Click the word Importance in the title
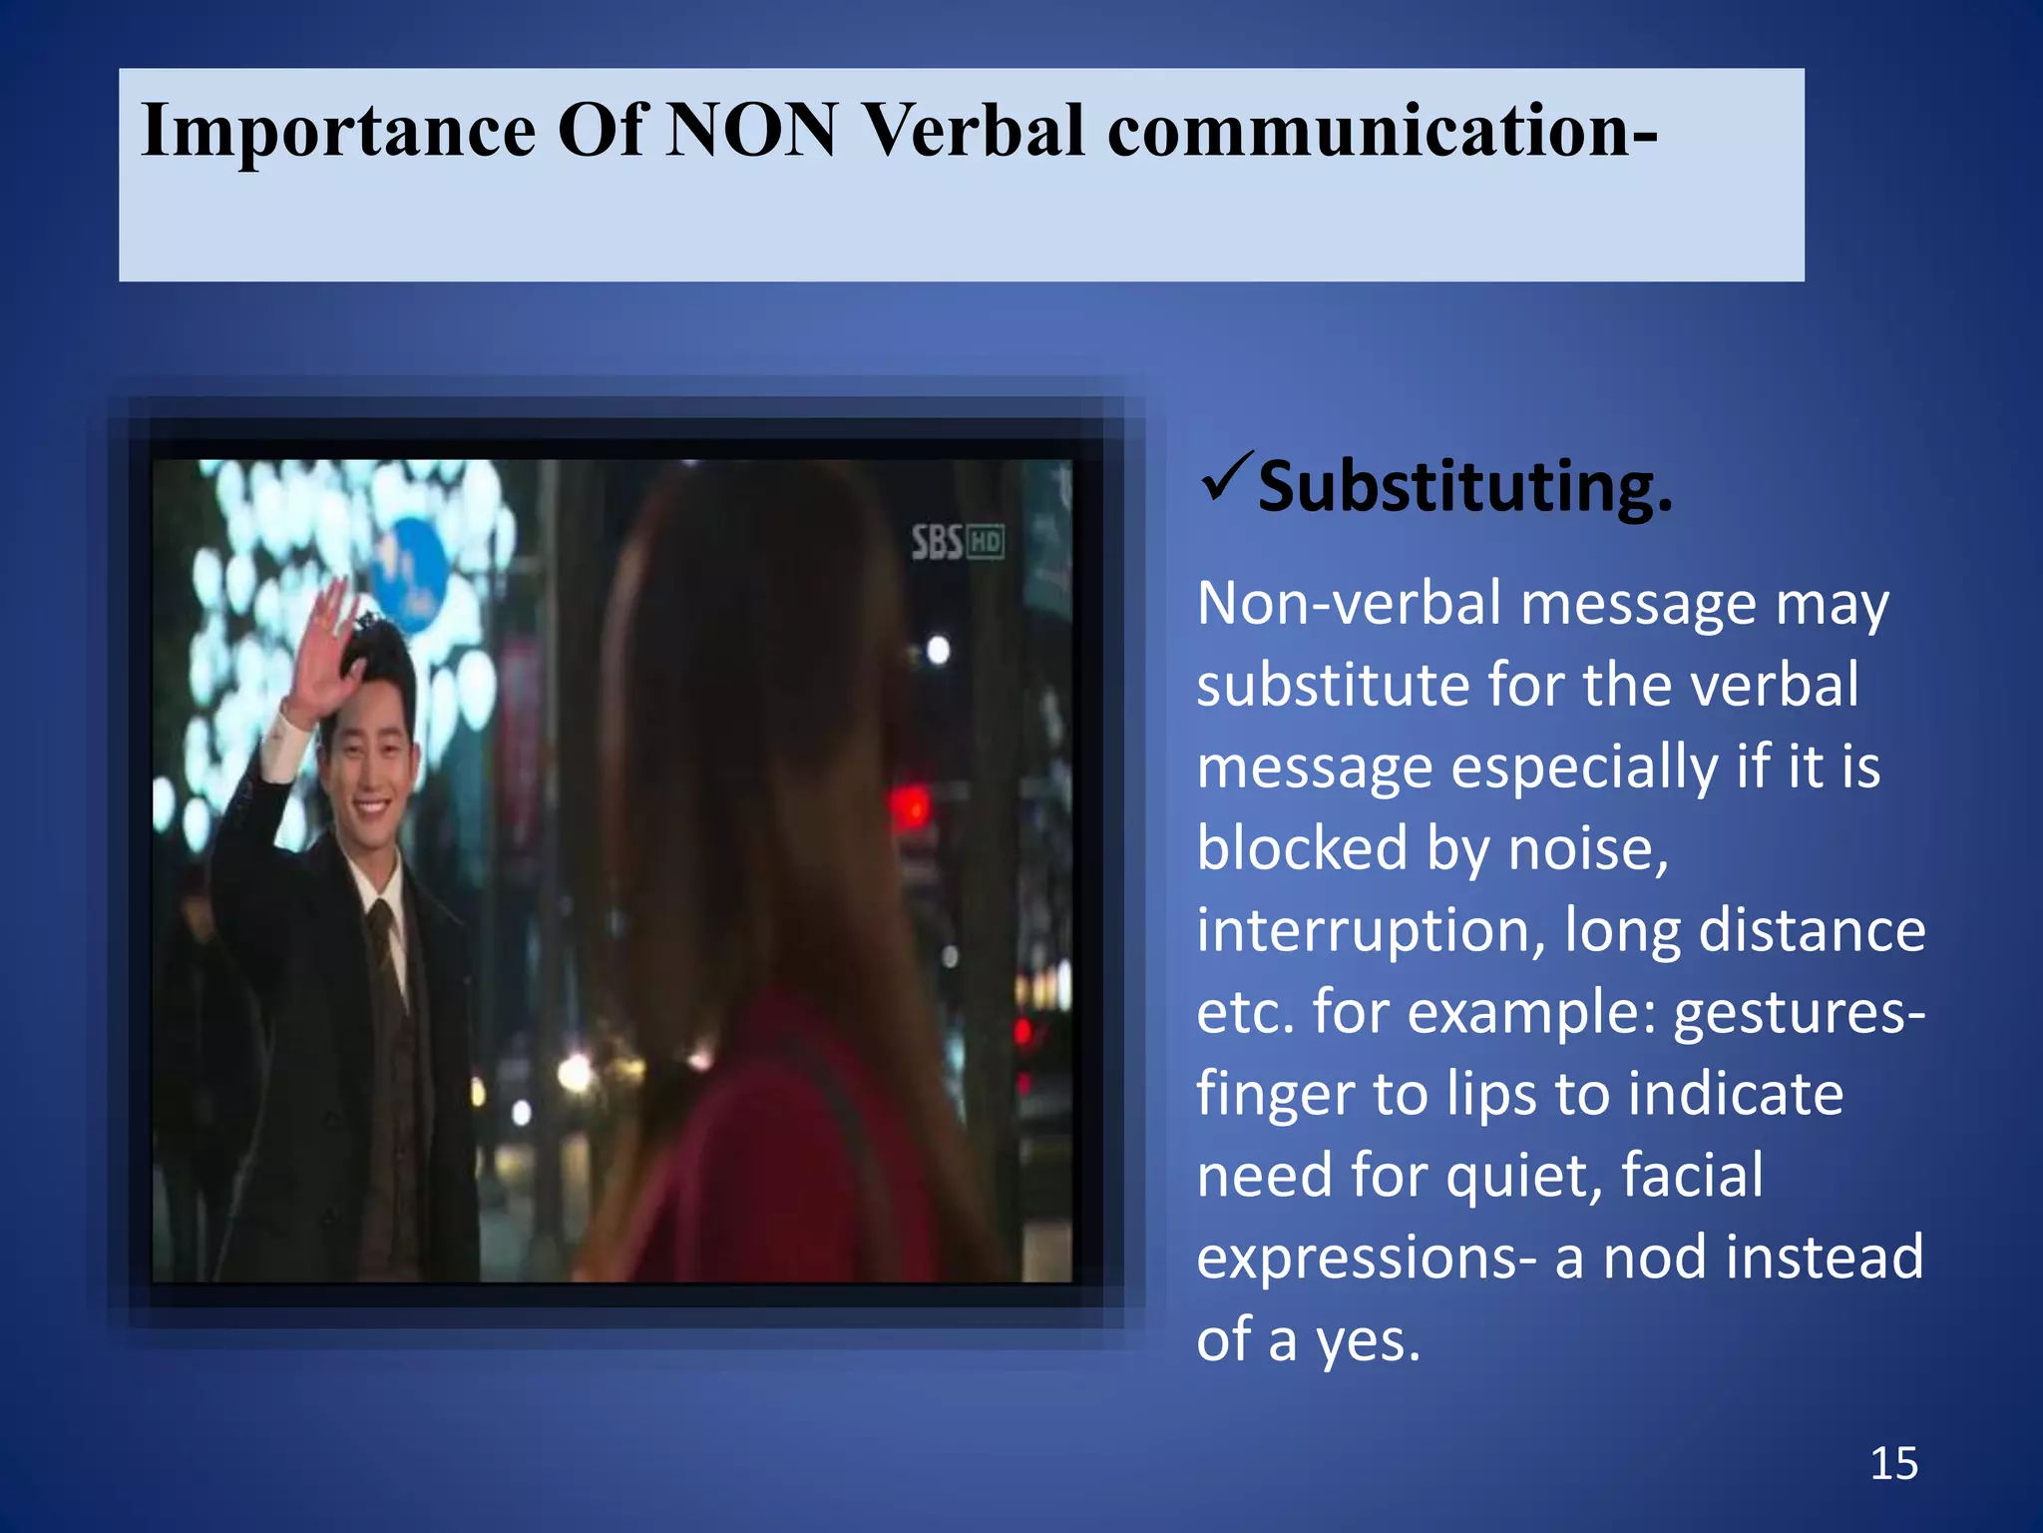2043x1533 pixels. coord(338,132)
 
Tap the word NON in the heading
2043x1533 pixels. coord(751,130)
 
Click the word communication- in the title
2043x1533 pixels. coord(1383,130)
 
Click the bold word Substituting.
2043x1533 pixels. coord(1464,488)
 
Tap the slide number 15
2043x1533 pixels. coord(1893,1464)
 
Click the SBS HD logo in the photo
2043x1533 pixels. coord(957,543)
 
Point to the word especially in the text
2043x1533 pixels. coord(1584,767)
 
